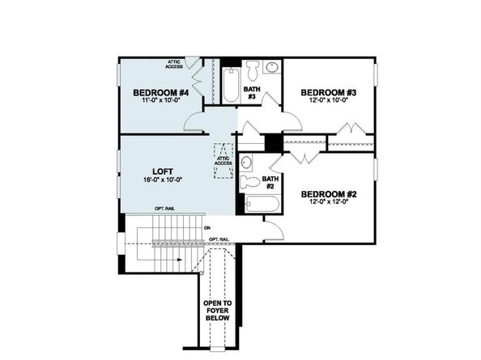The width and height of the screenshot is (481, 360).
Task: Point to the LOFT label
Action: tap(161, 172)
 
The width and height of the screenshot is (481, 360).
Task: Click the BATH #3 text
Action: tap(252, 92)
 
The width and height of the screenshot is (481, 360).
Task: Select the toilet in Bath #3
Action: tap(252, 66)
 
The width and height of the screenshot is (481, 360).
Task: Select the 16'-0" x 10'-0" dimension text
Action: tap(161, 181)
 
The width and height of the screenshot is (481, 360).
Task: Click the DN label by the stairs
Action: tap(208, 227)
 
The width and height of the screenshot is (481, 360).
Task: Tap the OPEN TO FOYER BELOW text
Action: tap(217, 311)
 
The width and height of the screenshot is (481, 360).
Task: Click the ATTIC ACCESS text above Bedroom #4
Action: tap(175, 62)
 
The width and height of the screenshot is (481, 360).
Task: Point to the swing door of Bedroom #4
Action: tap(194, 122)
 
